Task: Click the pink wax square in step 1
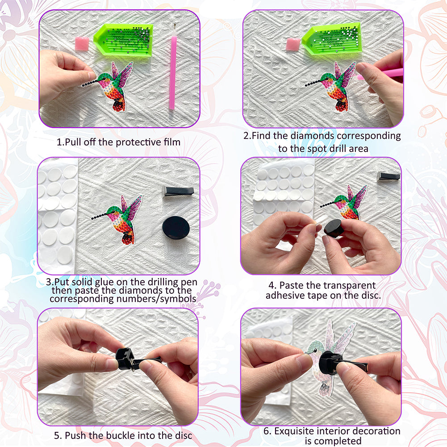pos(82,44)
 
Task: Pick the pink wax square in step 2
pos(293,45)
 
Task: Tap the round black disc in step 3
pos(176,228)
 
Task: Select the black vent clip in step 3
pos(178,191)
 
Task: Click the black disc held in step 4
pos(334,228)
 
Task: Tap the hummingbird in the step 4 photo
pos(345,202)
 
